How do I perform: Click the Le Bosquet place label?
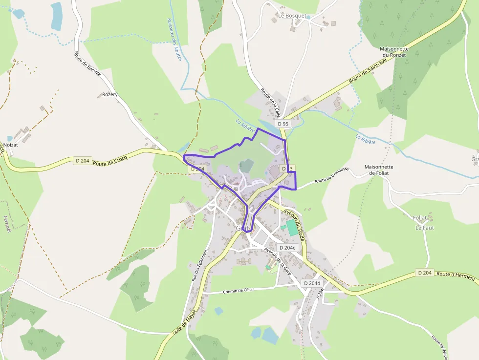click(x=292, y=16)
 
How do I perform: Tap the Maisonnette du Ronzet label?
click(x=394, y=52)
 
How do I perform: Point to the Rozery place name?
click(x=110, y=94)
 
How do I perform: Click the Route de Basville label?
click(x=87, y=64)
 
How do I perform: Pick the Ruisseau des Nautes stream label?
click(x=174, y=40)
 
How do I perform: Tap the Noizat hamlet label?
click(x=10, y=145)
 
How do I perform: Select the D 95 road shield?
click(x=283, y=124)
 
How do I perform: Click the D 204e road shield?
click(x=287, y=248)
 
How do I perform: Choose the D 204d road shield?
click(x=312, y=283)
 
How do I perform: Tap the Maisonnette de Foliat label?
click(x=379, y=169)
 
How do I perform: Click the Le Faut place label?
click(x=425, y=228)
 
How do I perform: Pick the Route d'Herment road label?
click(x=456, y=276)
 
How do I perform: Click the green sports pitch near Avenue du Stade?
click(x=292, y=228)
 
